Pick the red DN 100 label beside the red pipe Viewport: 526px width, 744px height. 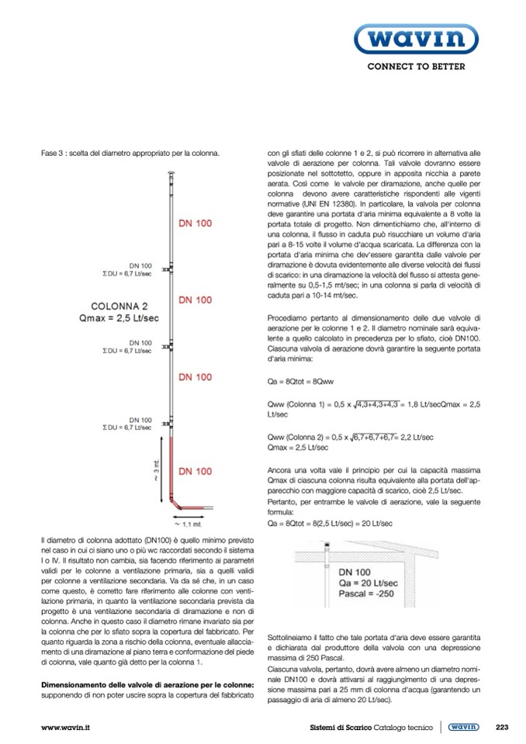coord(195,471)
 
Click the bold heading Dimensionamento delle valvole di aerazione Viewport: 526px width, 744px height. coord(146,685)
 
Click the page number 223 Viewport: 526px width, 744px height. coord(501,727)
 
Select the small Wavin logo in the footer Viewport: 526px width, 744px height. coord(463,727)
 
